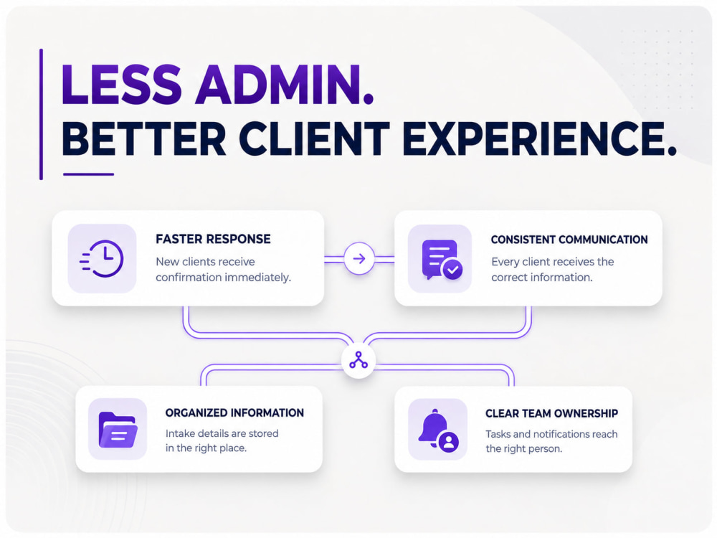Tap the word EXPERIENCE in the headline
pos(540,138)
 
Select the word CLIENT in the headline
pos(314,138)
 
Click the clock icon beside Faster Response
pos(102,258)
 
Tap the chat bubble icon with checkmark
pos(441,260)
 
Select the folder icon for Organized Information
pos(118,430)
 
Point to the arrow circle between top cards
pos(359,258)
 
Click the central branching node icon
pos(358,361)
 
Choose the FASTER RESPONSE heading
pos(213,239)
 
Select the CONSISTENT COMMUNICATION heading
pos(569,240)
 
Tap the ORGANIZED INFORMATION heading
pos(234,412)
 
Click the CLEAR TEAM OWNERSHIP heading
pos(551,414)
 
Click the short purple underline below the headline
pos(88,174)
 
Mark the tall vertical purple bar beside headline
pos(41,114)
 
